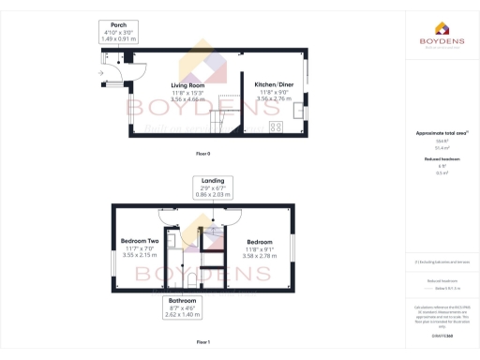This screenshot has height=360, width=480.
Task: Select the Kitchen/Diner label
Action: click(x=274, y=83)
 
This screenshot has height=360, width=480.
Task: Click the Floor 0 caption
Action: click(x=202, y=153)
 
